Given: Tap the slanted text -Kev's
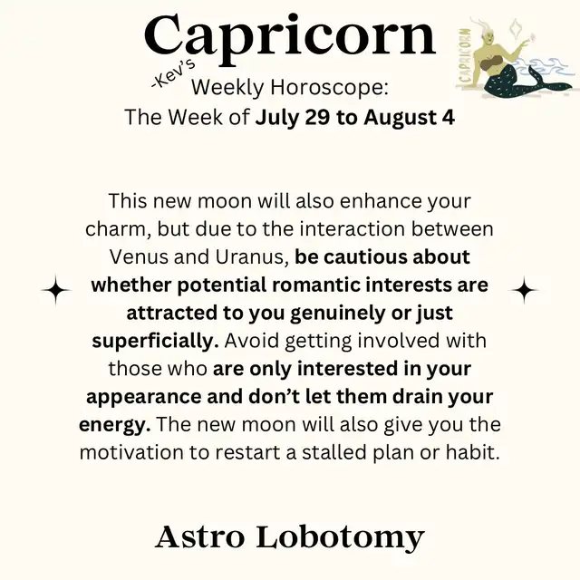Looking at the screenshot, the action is pyautogui.click(x=173, y=75).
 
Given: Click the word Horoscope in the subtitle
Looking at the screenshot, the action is pyautogui.click(x=329, y=88).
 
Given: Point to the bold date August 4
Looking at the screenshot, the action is pyautogui.click(x=409, y=117).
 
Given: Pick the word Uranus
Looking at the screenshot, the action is pyautogui.click(x=252, y=256).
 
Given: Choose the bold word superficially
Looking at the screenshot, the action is pyautogui.click(x=155, y=341).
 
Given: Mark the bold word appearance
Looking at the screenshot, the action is pyautogui.click(x=144, y=397).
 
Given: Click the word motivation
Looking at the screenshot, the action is pyautogui.click(x=131, y=452).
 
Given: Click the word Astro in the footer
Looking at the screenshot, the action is pyautogui.click(x=199, y=536).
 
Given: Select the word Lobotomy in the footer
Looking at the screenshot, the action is pyautogui.click(x=340, y=538).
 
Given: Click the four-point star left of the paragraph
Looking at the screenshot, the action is pyautogui.click(x=56, y=290).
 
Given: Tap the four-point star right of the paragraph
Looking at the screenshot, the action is pyautogui.click(x=524, y=290).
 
